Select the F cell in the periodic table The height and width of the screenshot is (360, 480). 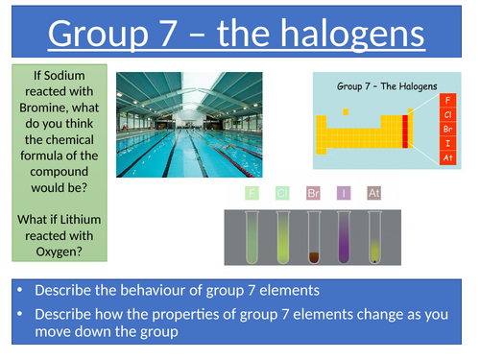[x=446, y=98]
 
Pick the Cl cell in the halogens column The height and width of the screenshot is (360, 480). [x=446, y=112]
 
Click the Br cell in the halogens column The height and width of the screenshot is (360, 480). [x=446, y=127]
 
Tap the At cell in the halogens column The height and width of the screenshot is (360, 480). [x=446, y=156]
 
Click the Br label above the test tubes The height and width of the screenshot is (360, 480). [x=313, y=193]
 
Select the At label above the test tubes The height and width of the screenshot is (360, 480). [x=373, y=193]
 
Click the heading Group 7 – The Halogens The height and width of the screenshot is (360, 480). [x=385, y=84]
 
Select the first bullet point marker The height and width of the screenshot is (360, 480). [x=20, y=291]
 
